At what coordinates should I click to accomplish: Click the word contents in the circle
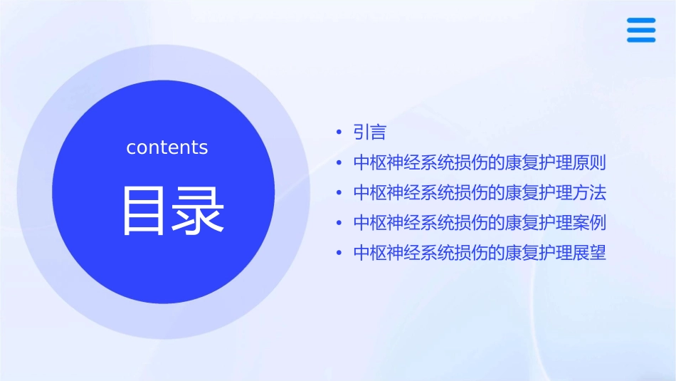point(167,147)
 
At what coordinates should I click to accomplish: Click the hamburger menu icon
point(641,30)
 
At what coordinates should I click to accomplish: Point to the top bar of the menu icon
point(641,20)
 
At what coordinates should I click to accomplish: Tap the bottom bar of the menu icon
point(641,40)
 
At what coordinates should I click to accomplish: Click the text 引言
point(369,132)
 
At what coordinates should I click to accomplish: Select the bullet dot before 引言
point(339,133)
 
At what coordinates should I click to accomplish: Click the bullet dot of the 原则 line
point(339,163)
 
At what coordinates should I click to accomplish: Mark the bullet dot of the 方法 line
point(339,193)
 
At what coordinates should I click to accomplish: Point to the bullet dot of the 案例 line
point(339,223)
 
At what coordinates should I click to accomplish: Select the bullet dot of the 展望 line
point(339,253)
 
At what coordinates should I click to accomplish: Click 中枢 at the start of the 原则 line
point(369,162)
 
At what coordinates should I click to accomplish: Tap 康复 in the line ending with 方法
point(522,192)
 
